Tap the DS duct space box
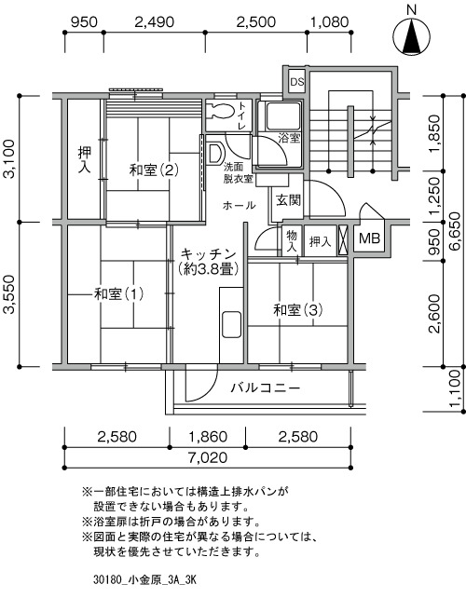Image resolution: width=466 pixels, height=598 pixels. [297, 81]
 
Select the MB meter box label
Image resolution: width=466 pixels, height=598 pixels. [369, 238]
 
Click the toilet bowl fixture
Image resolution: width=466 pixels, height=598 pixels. [222, 111]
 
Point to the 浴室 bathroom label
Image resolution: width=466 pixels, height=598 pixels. [289, 138]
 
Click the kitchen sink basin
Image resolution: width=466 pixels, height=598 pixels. [231, 324]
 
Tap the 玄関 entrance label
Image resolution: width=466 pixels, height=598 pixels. [289, 200]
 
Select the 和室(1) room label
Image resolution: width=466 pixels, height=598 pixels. [118, 294]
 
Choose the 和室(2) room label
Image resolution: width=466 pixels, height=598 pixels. [154, 170]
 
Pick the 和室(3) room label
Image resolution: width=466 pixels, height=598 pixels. [297, 310]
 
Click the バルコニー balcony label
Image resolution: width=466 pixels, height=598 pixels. [266, 388]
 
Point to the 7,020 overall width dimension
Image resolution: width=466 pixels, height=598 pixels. [208, 457]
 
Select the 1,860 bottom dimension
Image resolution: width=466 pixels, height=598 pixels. [208, 436]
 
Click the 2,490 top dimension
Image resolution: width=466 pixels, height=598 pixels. [155, 21]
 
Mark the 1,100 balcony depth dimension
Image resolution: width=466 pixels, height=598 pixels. [458, 388]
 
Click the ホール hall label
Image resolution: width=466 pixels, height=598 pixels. [239, 206]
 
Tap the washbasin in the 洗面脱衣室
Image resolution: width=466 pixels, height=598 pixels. [215, 154]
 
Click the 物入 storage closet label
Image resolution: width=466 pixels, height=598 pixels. [292, 240]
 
